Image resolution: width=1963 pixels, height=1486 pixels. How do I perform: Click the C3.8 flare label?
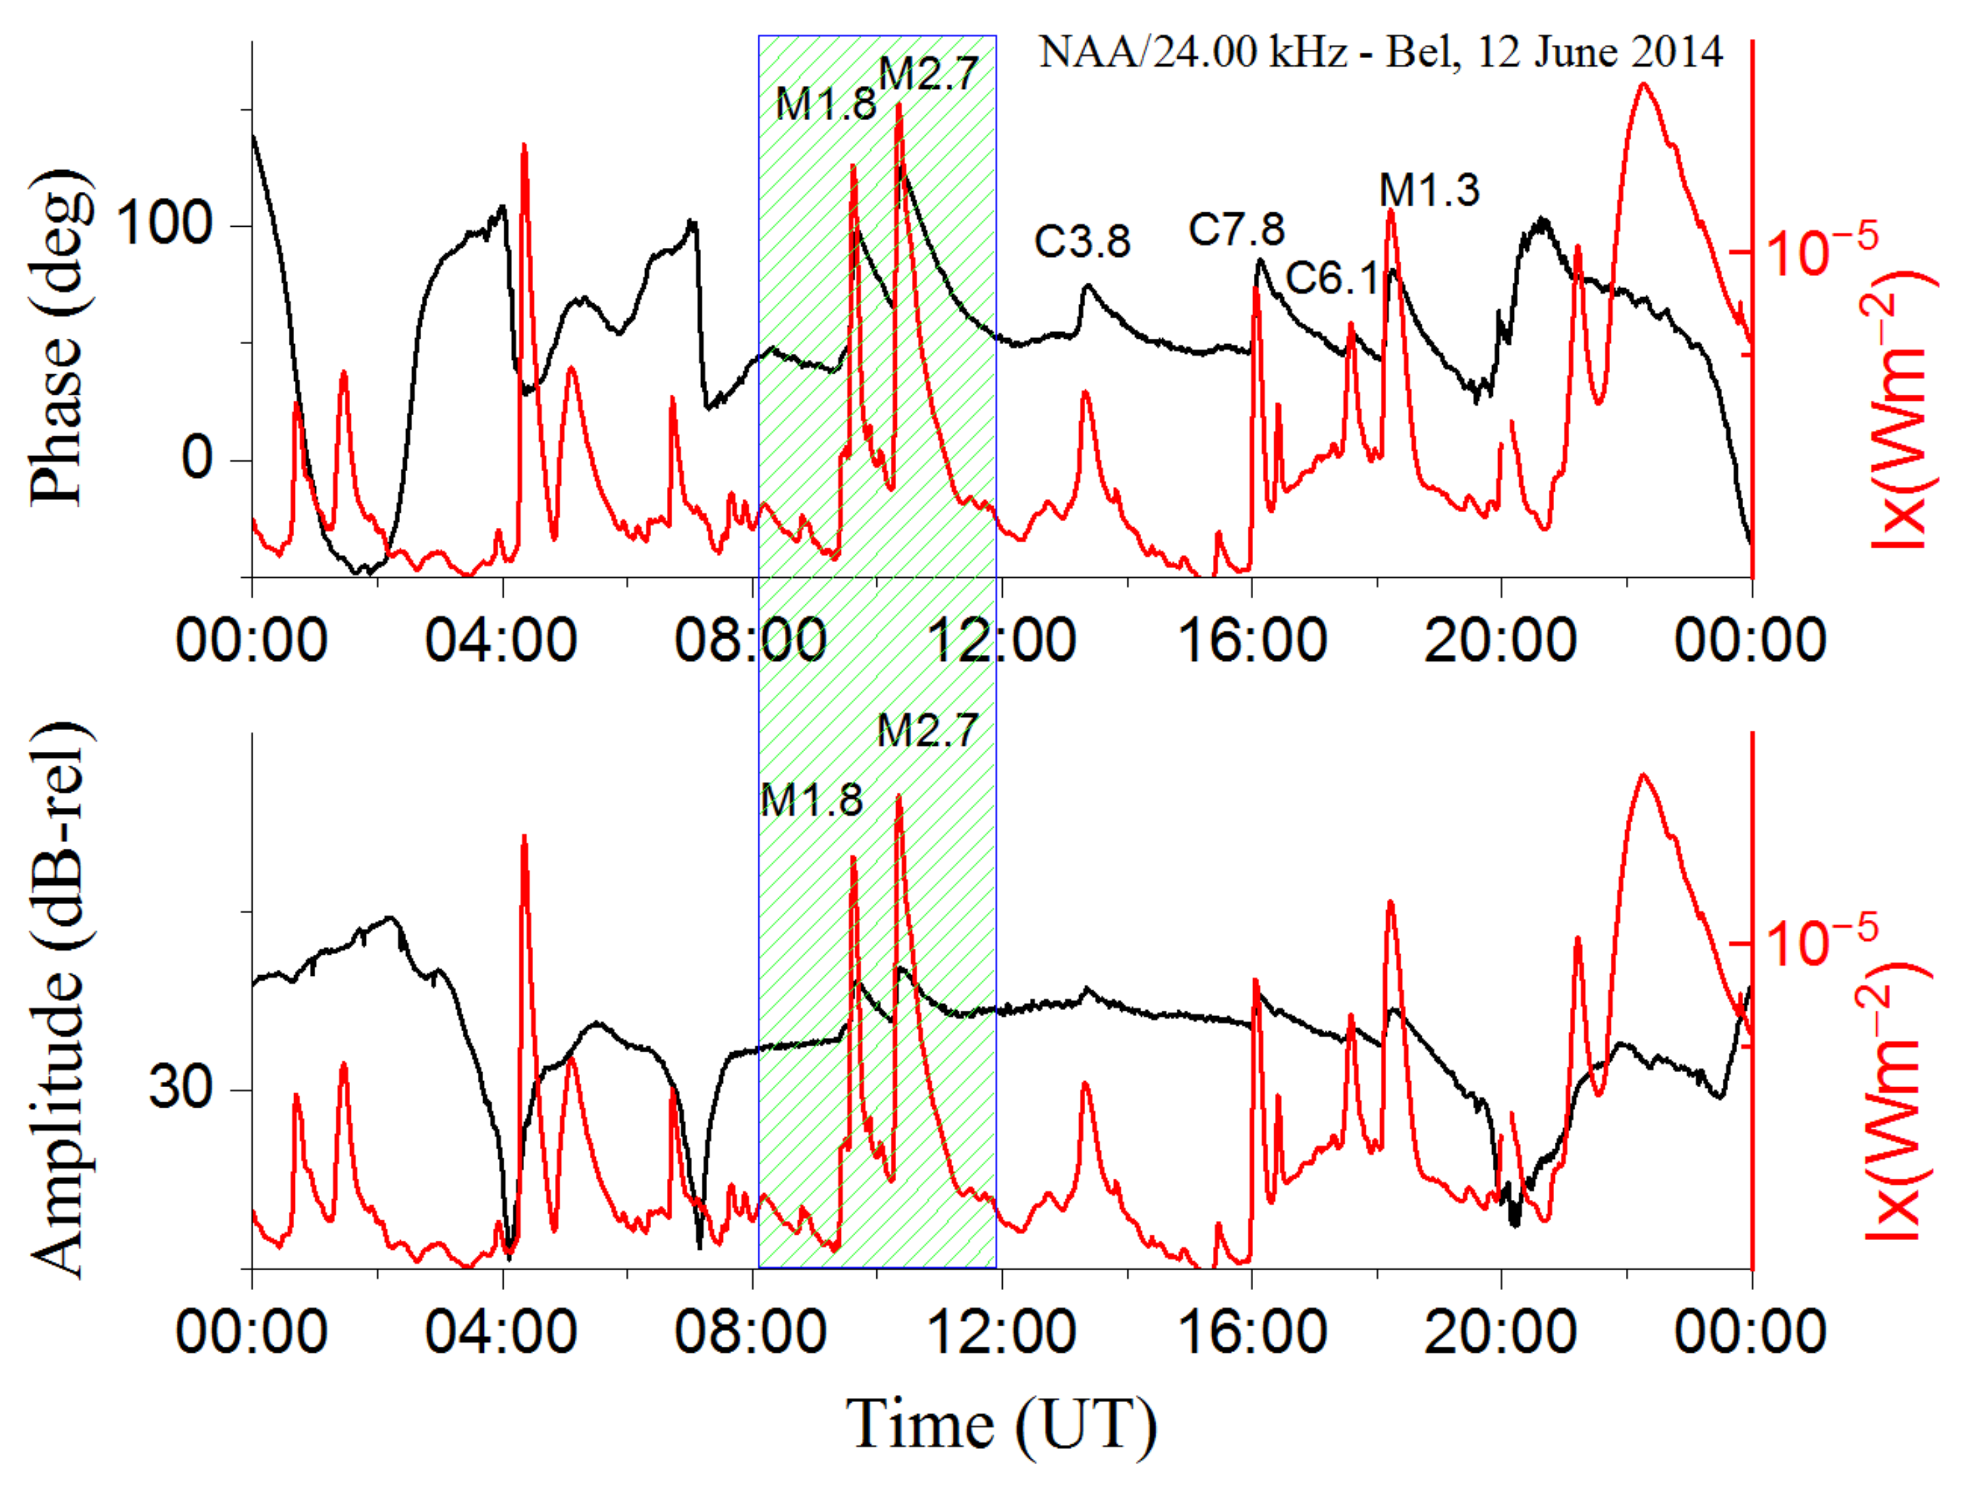(x=1082, y=242)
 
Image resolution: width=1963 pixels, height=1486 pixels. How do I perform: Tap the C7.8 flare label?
(x=1236, y=230)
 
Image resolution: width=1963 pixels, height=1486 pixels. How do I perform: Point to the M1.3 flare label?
(x=1429, y=190)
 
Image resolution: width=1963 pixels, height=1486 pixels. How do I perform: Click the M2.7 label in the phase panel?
(x=928, y=74)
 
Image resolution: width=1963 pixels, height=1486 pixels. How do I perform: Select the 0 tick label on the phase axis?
(x=197, y=459)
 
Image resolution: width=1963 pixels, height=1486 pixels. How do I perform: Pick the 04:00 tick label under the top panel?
(x=502, y=640)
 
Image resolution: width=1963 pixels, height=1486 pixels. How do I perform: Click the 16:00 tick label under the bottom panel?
(x=1251, y=1332)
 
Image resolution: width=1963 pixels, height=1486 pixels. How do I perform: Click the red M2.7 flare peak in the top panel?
(x=899, y=107)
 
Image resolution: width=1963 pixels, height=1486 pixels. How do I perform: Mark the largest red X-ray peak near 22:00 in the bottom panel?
(x=1644, y=775)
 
